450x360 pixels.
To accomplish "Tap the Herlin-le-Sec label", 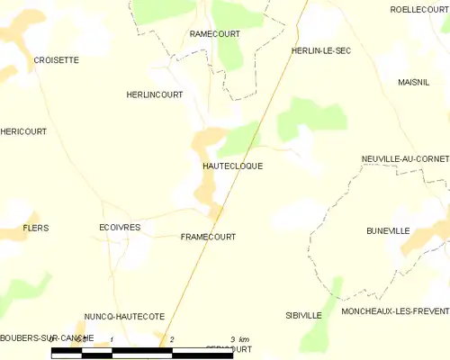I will click(x=321, y=50).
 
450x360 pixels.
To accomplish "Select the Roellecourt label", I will click(x=419, y=9).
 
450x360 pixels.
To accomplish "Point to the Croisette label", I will click(x=56, y=60).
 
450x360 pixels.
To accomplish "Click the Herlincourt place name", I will click(x=154, y=94).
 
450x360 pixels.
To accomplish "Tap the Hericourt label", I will click(x=23, y=131).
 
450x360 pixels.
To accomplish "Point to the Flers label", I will click(x=35, y=229).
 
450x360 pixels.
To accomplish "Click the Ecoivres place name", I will click(x=120, y=229).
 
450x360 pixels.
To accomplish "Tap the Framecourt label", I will click(x=208, y=238).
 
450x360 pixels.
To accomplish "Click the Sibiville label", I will click(x=303, y=316).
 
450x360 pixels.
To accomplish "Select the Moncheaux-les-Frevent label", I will click(x=395, y=311).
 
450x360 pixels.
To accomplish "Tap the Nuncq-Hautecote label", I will click(x=125, y=317).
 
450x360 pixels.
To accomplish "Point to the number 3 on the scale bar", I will click(x=231, y=339).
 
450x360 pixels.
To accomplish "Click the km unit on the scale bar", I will click(x=244, y=339).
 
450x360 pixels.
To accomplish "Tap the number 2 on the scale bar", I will click(x=171, y=339).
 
